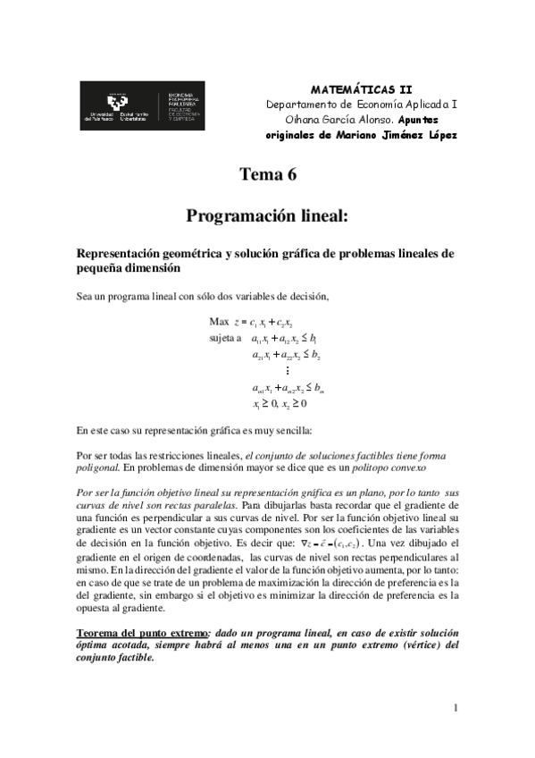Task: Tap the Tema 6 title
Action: point(267,175)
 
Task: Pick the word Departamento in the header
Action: point(303,104)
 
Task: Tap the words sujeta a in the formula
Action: point(226,338)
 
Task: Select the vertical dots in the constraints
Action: point(287,371)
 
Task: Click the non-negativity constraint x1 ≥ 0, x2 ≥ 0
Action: point(286,403)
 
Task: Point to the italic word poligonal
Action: point(96,467)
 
